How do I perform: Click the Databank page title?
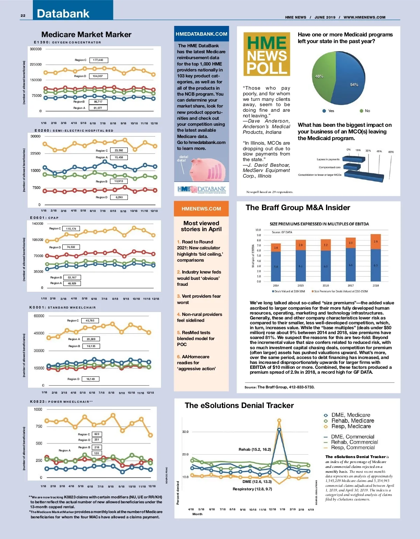63,14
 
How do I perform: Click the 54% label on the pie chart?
354,85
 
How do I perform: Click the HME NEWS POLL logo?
267,54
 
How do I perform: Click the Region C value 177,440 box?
98,60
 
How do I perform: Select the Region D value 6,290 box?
119,197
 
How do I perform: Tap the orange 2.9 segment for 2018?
376,242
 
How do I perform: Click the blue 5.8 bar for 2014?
276,266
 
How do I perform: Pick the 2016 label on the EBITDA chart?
325,285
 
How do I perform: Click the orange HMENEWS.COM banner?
201,209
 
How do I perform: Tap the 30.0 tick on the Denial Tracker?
185,432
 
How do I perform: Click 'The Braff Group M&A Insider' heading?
298,208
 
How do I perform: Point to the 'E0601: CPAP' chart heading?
44,218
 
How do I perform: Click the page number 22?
23,15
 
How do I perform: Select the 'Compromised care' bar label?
328,167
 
